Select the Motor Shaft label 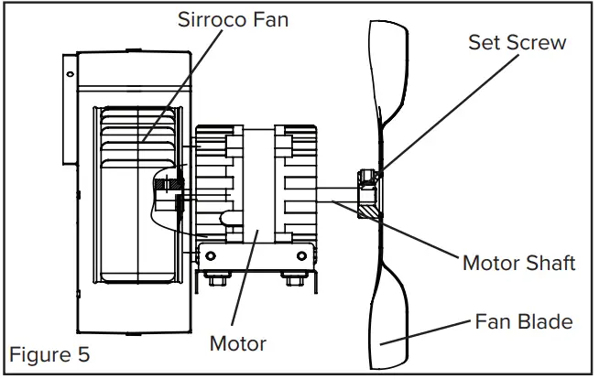[518, 264]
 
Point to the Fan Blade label [524, 322]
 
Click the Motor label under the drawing [237, 344]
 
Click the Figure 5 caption [50, 352]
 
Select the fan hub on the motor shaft [369, 193]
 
